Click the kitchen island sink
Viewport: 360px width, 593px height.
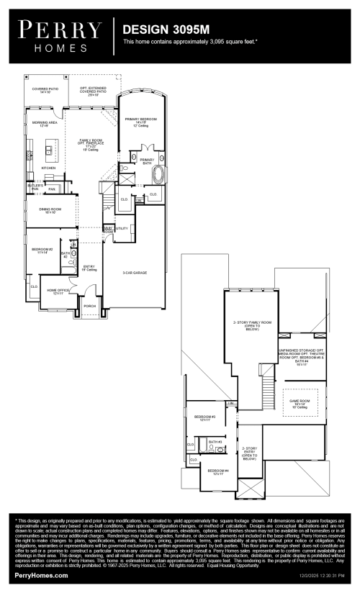click(49, 150)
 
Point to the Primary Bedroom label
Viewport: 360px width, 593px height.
click(140, 119)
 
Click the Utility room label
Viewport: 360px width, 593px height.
click(121, 229)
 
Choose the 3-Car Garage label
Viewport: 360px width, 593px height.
click(134, 273)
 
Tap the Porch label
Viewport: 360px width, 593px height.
click(90, 306)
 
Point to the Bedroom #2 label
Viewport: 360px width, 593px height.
click(42, 250)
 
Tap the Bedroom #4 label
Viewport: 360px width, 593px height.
click(218, 471)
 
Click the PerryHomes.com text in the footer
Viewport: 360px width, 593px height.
click(42, 576)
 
